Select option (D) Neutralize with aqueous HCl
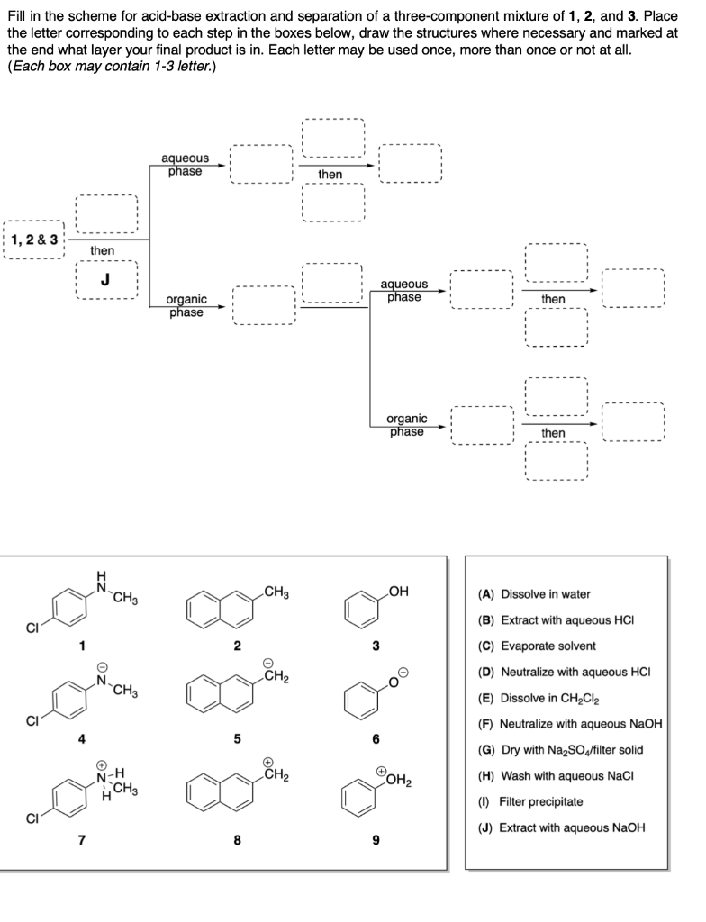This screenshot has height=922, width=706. [564, 672]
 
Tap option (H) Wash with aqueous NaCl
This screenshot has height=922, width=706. [551, 775]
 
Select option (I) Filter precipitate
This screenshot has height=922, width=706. [531, 801]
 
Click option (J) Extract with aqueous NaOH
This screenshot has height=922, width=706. [562, 827]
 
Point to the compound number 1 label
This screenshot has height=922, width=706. [82, 646]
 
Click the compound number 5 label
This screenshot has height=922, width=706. [238, 739]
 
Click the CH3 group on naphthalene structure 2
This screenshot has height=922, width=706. [276, 592]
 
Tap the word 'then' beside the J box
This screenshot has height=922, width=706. [102, 249]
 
